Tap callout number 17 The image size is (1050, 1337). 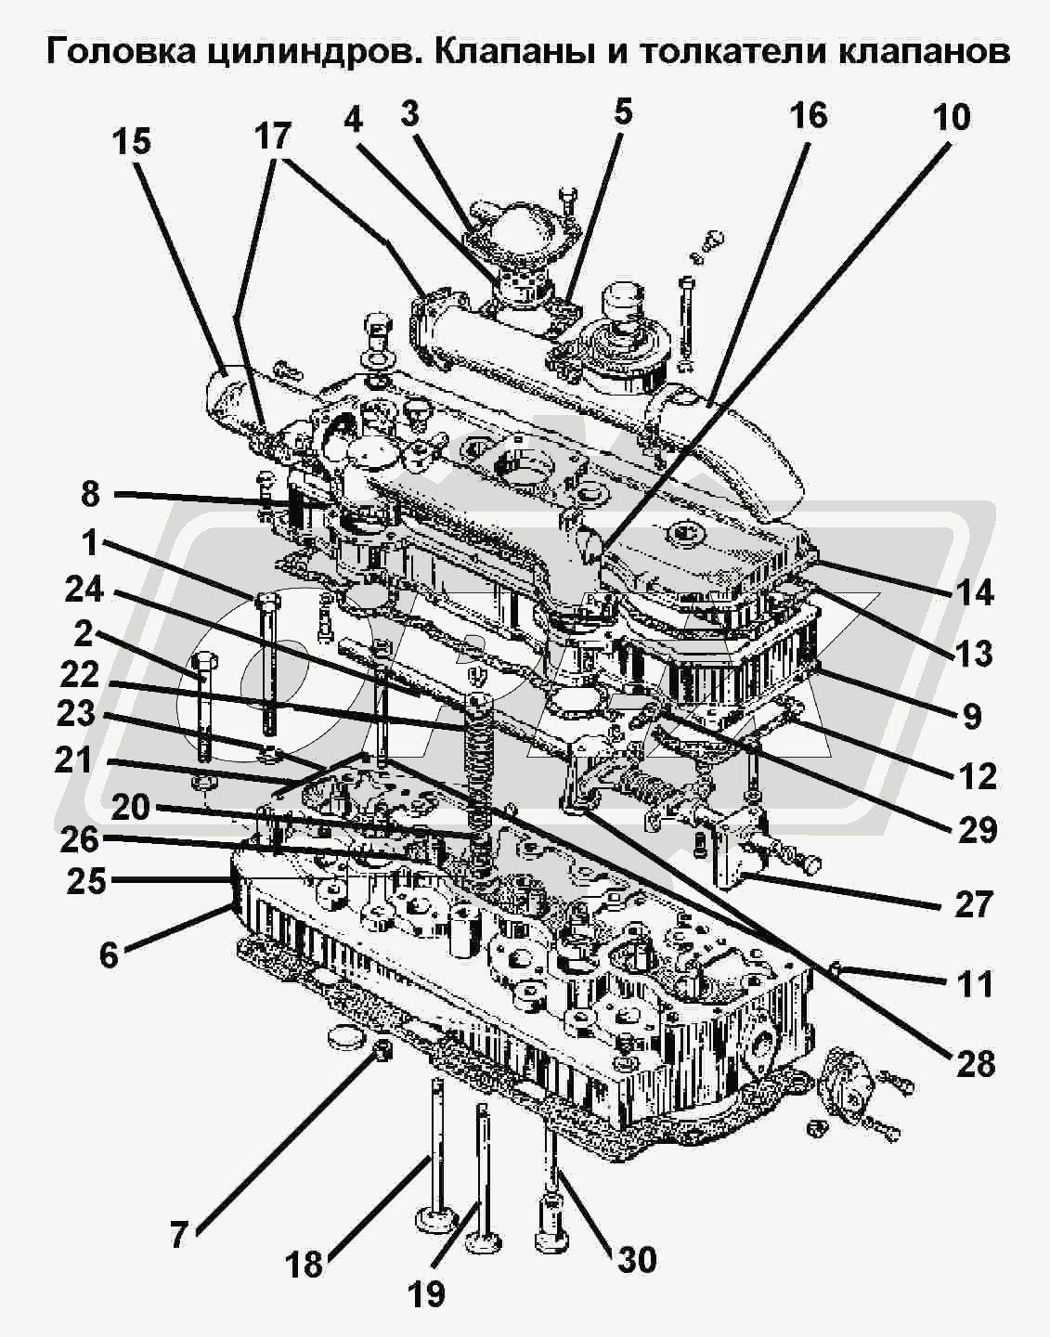point(273,136)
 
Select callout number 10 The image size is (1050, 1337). point(952,117)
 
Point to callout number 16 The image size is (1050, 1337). point(808,115)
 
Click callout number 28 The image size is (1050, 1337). point(975,1063)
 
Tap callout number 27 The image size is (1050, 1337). point(974,903)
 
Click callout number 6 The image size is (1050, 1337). point(110,954)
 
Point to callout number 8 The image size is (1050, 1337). point(89,494)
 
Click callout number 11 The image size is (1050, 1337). point(975,983)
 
